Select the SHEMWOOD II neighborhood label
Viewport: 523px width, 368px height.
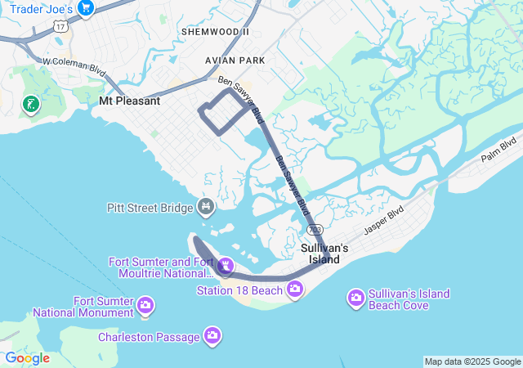pyautogui.click(x=214, y=31)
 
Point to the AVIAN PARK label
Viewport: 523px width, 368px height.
pyautogui.click(x=235, y=61)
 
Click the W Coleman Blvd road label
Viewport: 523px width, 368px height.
pyautogui.click(x=74, y=65)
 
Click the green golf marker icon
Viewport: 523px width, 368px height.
pyautogui.click(x=30, y=104)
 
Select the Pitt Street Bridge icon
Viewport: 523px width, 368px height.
pyautogui.click(x=206, y=208)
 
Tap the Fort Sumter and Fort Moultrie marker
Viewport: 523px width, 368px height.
pyautogui.click(x=226, y=266)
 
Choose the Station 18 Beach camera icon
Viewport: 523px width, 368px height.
pyautogui.click(x=294, y=289)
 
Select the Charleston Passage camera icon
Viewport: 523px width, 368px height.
pyautogui.click(x=212, y=335)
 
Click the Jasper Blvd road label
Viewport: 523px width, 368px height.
pyautogui.click(x=384, y=220)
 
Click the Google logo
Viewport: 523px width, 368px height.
pyautogui.click(x=27, y=358)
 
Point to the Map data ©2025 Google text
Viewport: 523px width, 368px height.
pyautogui.click(x=472, y=361)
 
